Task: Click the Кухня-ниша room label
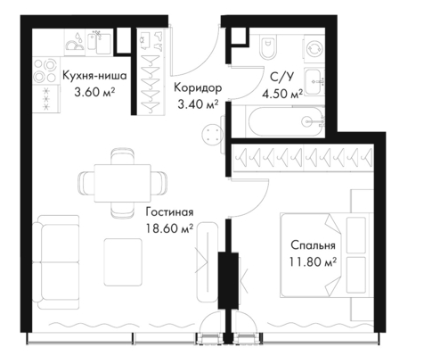pos(94,76)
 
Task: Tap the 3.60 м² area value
pos(94,92)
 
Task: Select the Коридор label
pos(198,88)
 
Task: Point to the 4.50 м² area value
pos(282,94)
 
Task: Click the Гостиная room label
pos(169,212)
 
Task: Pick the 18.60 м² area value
pos(169,228)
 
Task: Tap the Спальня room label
pos(313,245)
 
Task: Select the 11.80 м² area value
pos(313,262)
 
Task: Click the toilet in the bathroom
pos(268,47)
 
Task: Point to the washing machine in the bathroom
pos(314,48)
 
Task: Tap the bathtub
pos(285,121)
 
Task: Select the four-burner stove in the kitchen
pos(45,71)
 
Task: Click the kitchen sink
pos(100,44)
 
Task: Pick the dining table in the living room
pos(123,183)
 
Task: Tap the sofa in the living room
pos(56,262)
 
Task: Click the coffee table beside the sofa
pos(123,261)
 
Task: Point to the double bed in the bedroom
pos(326,255)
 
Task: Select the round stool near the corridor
pos(212,135)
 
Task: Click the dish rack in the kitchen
pos(75,43)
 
